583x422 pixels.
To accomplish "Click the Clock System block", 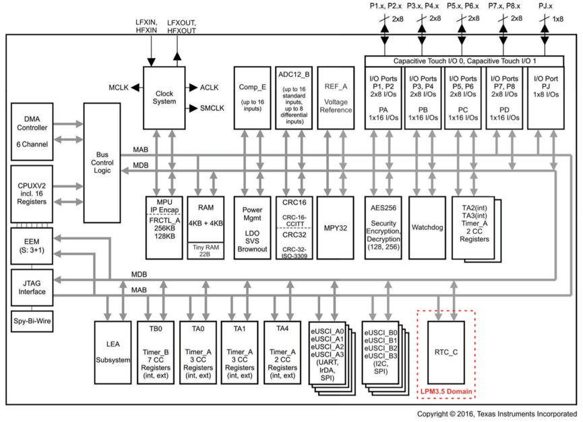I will point(164,97).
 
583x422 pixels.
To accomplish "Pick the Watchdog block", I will point(427,228).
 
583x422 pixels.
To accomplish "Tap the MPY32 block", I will point(334,228).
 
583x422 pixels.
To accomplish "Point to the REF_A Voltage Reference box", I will point(334,97).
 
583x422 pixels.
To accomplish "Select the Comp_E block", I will point(251,97).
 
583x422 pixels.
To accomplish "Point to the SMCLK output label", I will point(213,108).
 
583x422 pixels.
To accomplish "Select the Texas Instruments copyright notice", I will point(496,413).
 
